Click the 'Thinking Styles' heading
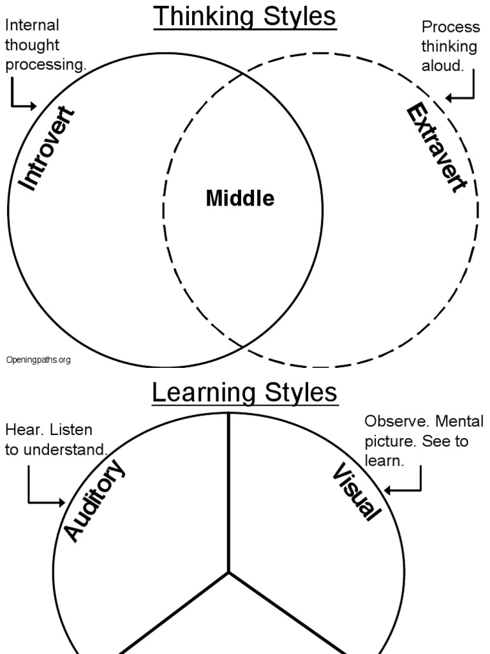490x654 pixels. pyautogui.click(x=245, y=17)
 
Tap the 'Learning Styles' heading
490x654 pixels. pyautogui.click(x=245, y=393)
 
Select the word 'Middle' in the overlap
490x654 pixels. pyautogui.click(x=240, y=199)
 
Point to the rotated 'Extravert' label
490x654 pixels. pyautogui.click(x=436, y=149)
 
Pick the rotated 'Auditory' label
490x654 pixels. pyautogui.click(x=94, y=502)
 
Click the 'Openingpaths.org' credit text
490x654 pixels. pyautogui.click(x=38, y=360)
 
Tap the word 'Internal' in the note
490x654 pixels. pyautogui.click(x=32, y=25)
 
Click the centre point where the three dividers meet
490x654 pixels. pyautogui.click(x=228, y=572)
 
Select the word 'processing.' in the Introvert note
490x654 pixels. pyautogui.click(x=45, y=66)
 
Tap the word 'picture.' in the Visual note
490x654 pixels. pyautogui.click(x=389, y=441)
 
